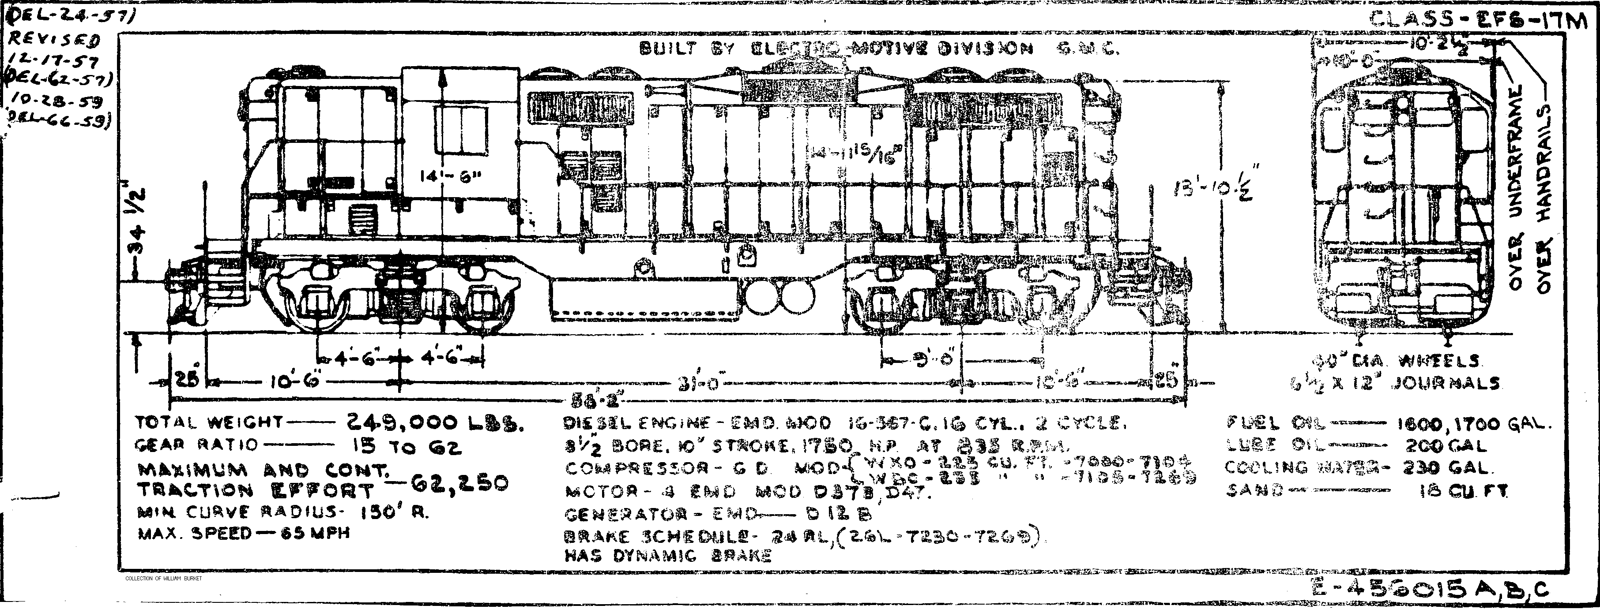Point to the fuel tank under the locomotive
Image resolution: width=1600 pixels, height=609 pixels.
tap(646, 301)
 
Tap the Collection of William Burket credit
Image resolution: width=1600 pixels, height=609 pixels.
tap(164, 579)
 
